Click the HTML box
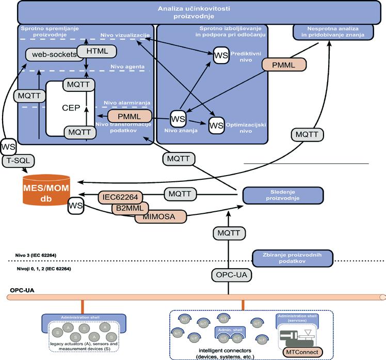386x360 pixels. point(96,51)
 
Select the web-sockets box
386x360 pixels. point(54,55)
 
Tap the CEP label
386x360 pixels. point(70,108)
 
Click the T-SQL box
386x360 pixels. point(20,161)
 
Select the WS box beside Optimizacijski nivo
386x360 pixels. point(216,124)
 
